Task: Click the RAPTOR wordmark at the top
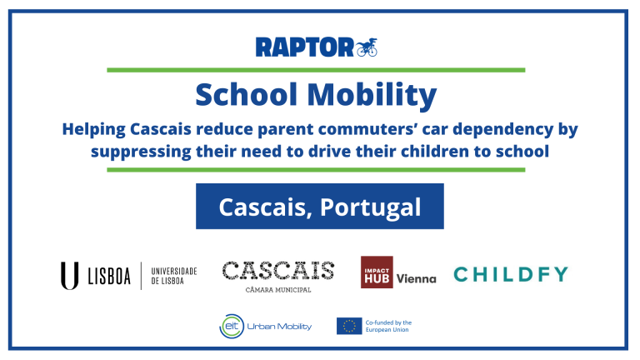[304, 47]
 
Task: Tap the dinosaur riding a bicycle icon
[367, 47]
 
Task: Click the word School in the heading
[246, 95]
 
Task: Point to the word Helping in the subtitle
[94, 130]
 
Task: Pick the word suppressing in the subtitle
[141, 152]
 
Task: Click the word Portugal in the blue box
[370, 207]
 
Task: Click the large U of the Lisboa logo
[70, 276]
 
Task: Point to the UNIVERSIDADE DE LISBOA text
[174, 276]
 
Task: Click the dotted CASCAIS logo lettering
[278, 271]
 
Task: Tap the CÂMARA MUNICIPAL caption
[278, 290]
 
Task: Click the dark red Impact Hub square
[377, 272]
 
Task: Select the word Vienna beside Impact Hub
[417, 279]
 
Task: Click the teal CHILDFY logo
[511, 274]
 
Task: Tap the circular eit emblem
[232, 326]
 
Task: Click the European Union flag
[349, 326]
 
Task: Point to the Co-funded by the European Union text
[388, 326]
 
